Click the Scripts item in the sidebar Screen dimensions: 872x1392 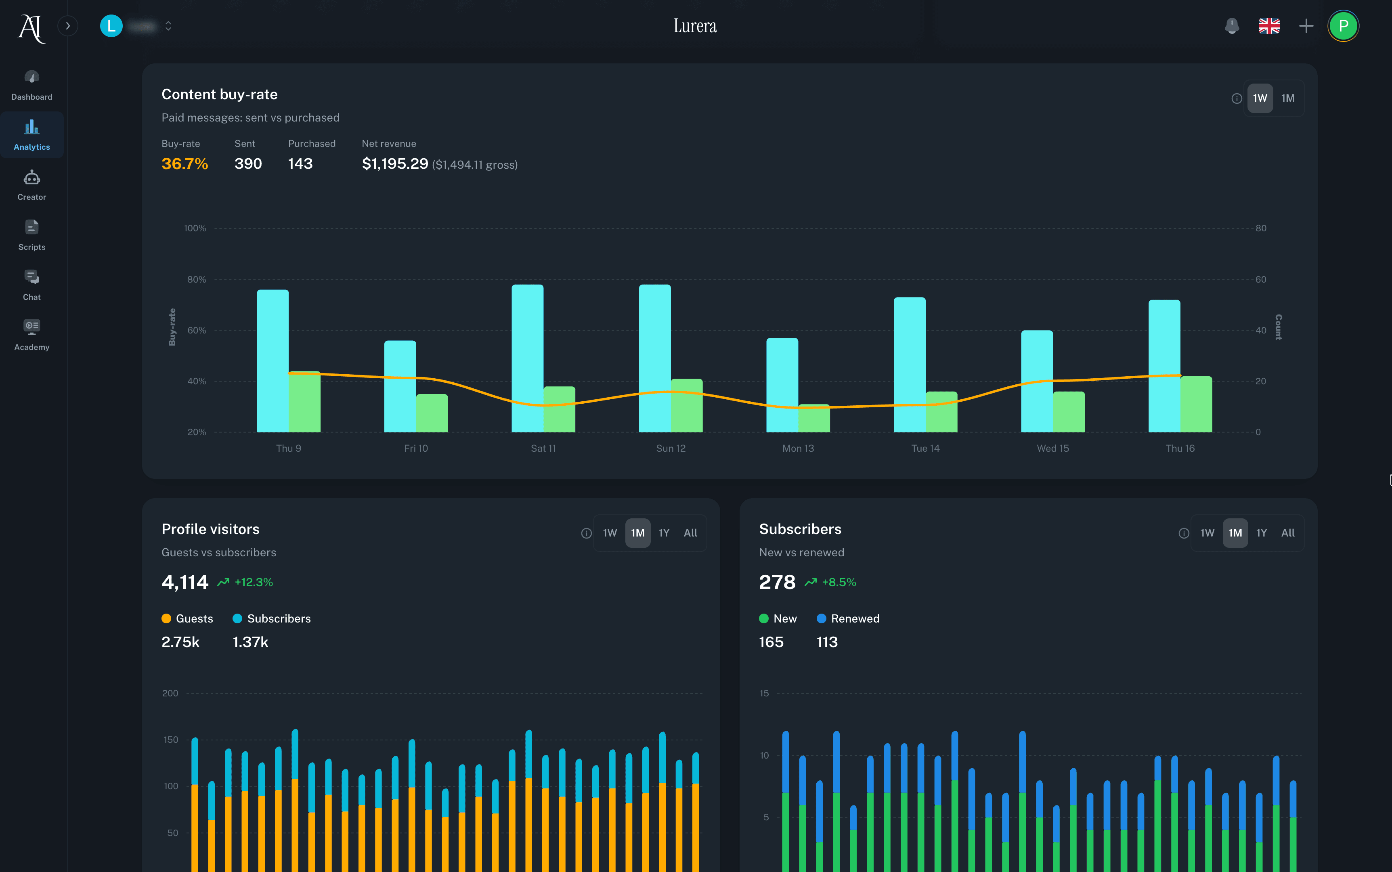click(x=32, y=235)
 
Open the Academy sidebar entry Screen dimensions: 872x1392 click(x=32, y=335)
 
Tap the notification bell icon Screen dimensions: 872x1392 click(x=1232, y=26)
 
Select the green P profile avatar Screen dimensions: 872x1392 click(x=1343, y=26)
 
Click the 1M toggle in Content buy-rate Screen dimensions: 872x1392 click(x=1287, y=98)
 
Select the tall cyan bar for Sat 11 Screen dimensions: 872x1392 click(x=527, y=358)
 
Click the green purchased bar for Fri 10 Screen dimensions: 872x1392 click(x=432, y=413)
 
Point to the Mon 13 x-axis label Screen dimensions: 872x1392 click(x=798, y=448)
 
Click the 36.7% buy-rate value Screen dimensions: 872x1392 click(x=184, y=164)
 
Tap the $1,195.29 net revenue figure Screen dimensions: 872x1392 click(x=395, y=164)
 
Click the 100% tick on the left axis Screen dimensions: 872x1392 click(x=195, y=228)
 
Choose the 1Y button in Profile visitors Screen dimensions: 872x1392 click(x=664, y=533)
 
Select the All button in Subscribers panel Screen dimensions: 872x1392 click(x=1287, y=533)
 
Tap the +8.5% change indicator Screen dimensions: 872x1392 click(x=839, y=582)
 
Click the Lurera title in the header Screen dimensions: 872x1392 click(x=695, y=26)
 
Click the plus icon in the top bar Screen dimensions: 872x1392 click(x=1306, y=26)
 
